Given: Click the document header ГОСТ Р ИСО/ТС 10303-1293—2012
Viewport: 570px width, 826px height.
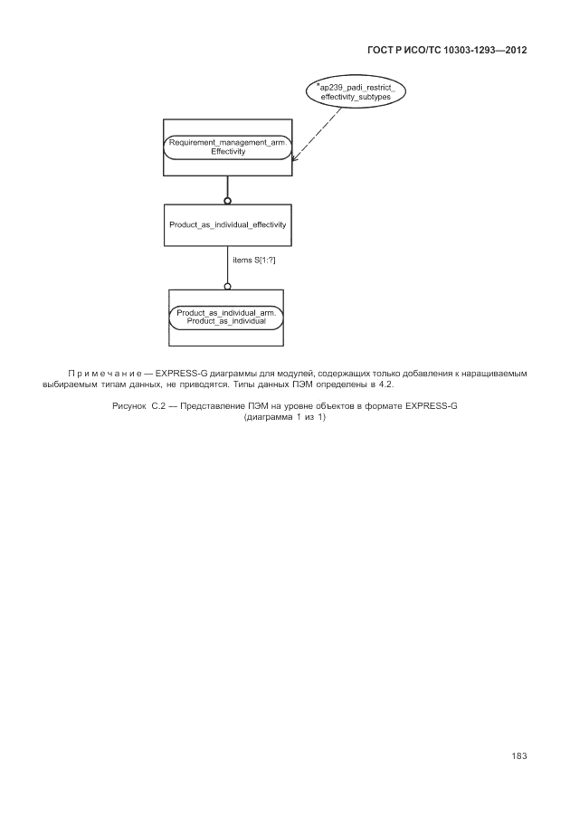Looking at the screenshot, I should tap(447, 51).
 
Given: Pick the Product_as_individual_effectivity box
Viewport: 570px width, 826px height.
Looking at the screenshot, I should tap(227, 224).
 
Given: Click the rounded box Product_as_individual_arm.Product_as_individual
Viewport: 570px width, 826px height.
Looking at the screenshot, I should tap(226, 317).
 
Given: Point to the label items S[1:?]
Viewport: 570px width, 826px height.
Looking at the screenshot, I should tap(253, 261).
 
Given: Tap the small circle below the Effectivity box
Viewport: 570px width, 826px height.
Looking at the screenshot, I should tap(227, 200).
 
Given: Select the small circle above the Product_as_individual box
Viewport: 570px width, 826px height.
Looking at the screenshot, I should tap(227, 286).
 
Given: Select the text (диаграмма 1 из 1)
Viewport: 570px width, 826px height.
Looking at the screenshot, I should tap(284, 417).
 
